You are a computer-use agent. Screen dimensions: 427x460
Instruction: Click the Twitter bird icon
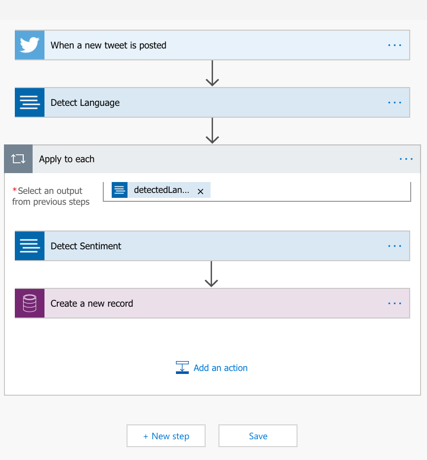[30, 45]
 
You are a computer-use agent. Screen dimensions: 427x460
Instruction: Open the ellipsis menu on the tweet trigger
[394, 45]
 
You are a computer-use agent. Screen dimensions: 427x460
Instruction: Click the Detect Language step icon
[30, 102]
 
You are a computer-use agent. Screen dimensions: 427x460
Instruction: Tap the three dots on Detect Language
[394, 103]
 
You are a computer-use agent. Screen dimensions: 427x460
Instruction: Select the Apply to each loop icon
[18, 159]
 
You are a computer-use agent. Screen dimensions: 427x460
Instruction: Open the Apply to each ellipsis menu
[406, 159]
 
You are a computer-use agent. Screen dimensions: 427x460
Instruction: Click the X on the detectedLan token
[201, 191]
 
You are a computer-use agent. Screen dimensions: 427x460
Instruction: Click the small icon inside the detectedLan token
[120, 190]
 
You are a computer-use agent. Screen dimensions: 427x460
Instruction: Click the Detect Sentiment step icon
[30, 246]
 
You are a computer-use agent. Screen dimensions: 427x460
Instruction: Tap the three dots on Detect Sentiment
[394, 246]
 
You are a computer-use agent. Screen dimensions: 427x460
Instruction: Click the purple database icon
[30, 303]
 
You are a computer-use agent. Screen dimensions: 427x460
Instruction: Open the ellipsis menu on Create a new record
[394, 303]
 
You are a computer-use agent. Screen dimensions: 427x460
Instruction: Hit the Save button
[258, 436]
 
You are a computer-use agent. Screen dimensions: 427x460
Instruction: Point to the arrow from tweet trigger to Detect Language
[212, 73]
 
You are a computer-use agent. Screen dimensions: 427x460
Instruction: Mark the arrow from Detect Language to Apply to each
[212, 131]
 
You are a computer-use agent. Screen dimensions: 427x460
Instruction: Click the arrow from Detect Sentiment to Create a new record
[212, 274]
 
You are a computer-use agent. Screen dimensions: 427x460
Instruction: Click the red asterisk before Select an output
[14, 190]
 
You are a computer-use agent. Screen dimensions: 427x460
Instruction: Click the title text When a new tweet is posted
[108, 46]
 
